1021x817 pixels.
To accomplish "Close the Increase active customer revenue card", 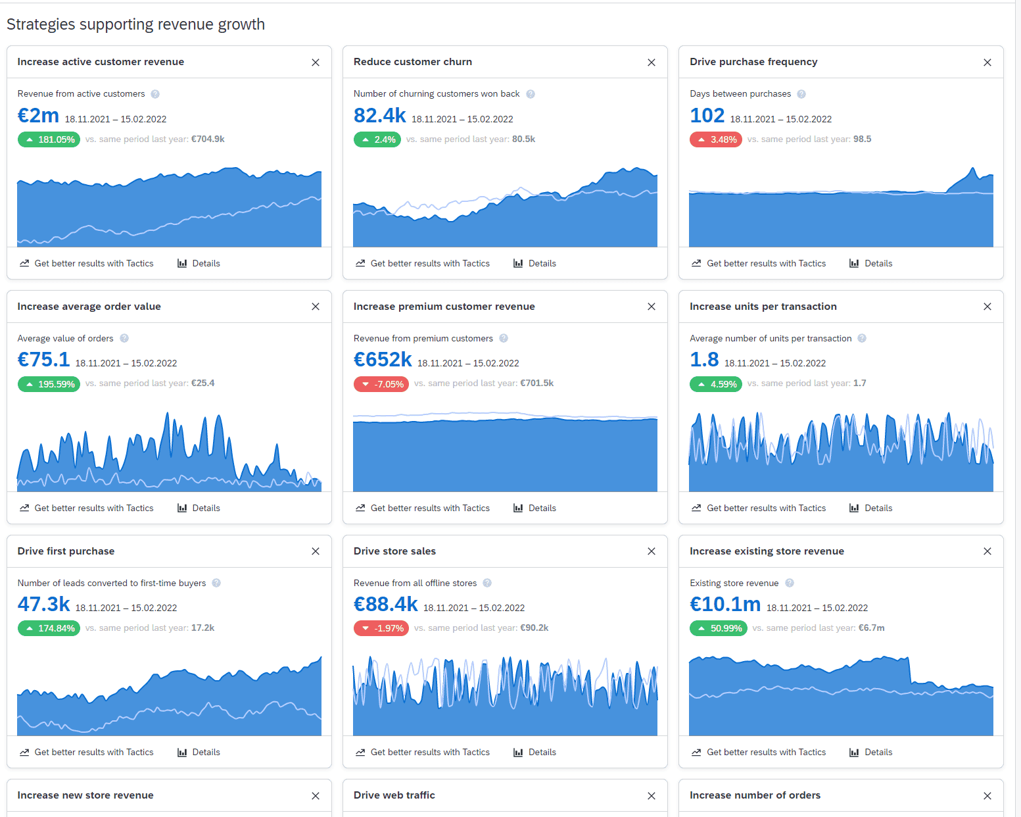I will (x=316, y=62).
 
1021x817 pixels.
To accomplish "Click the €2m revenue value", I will (x=38, y=116).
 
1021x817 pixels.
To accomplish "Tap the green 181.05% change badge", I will (x=49, y=139).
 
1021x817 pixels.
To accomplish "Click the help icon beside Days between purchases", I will (x=801, y=94).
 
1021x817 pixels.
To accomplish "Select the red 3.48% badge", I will (x=715, y=139).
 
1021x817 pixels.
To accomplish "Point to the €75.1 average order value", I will (x=43, y=360).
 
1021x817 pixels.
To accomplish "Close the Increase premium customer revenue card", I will (x=652, y=307).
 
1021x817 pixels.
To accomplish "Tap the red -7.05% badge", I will (x=381, y=384).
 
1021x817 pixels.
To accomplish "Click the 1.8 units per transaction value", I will (x=704, y=360).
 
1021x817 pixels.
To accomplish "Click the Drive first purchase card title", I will (x=66, y=551).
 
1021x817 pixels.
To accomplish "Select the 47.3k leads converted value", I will (x=43, y=605).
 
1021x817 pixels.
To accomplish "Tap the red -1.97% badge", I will (x=381, y=628).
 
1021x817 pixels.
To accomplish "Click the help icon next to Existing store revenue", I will (x=790, y=583).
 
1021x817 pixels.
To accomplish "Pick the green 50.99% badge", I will (x=718, y=628).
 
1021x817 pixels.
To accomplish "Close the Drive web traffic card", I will (x=652, y=796).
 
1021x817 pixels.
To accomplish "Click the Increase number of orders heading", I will (x=755, y=795).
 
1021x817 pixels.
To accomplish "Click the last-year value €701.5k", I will (x=536, y=384).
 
